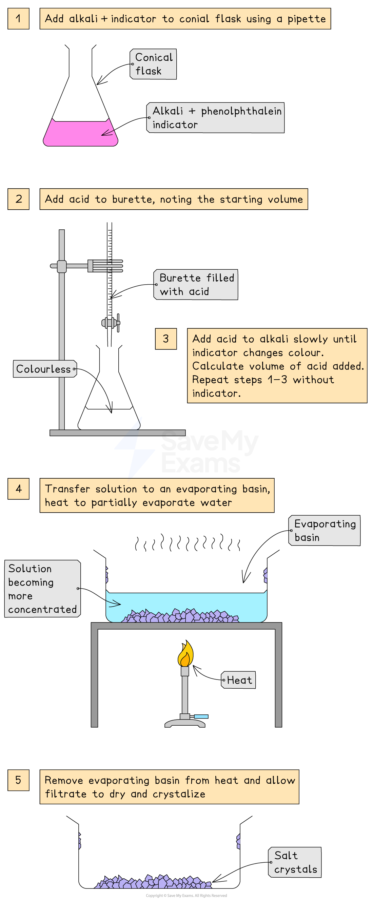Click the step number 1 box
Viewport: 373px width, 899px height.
[18, 19]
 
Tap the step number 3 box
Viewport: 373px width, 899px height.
[166, 339]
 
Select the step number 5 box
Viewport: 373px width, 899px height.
[18, 780]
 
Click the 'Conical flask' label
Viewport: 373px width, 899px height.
[153, 64]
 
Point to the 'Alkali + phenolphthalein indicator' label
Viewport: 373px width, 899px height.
[216, 118]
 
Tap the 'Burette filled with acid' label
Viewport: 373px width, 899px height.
[196, 284]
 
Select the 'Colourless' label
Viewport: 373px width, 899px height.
[45, 369]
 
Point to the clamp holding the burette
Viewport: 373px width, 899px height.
[105, 266]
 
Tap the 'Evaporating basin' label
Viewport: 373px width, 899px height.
[325, 531]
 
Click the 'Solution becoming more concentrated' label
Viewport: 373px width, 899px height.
[43, 589]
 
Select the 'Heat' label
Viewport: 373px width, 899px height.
[239, 680]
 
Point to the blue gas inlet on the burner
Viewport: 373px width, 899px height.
[201, 716]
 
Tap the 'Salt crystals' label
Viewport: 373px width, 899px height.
[295, 862]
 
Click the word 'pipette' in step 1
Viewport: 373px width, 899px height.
[306, 19]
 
